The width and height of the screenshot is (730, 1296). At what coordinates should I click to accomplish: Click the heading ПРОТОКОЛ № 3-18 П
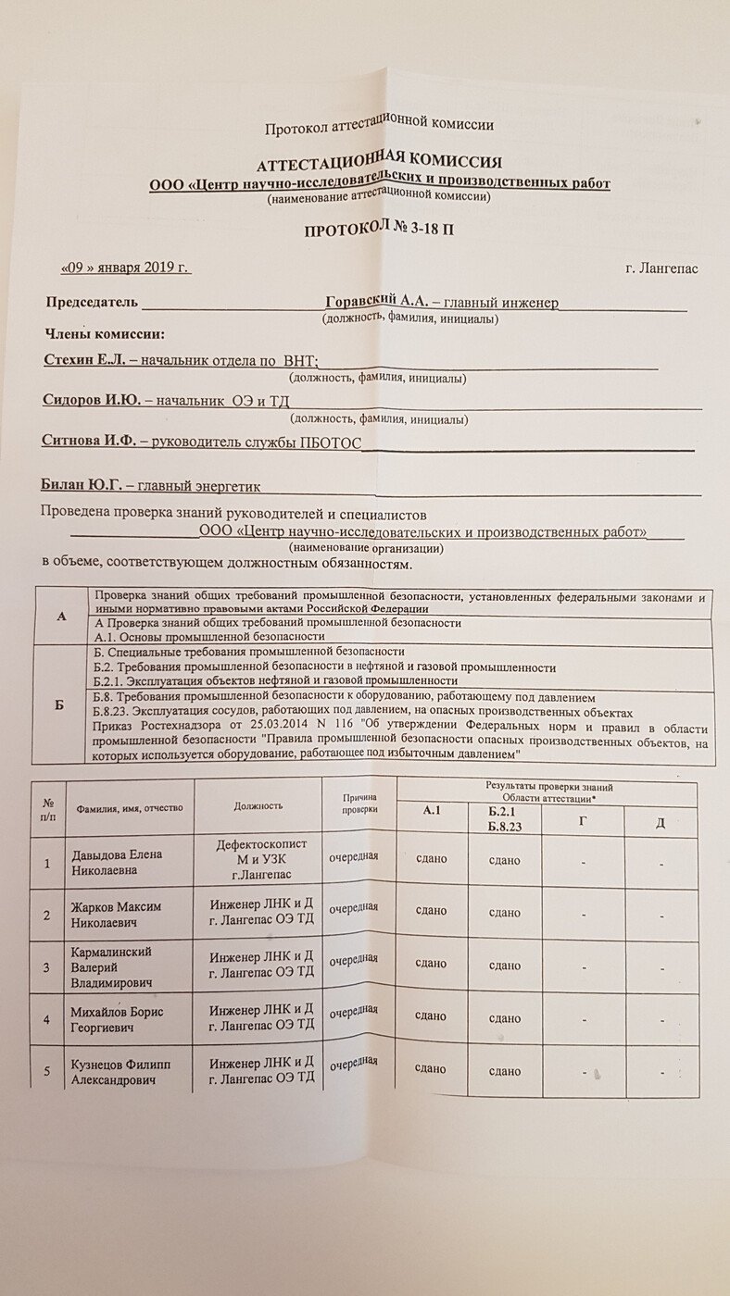point(379,229)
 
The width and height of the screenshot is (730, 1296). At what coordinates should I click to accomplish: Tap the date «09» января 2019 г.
point(124,268)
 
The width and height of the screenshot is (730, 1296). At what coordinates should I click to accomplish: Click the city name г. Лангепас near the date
point(661,269)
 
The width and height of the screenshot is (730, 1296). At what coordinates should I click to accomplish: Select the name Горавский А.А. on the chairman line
point(377,302)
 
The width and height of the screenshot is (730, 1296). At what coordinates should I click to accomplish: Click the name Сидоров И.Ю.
point(91,401)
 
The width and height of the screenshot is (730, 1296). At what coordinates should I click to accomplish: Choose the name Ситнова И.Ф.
point(88,442)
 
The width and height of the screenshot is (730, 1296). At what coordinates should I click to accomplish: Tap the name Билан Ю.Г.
point(82,484)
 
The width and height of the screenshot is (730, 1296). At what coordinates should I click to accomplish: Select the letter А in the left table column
point(61,615)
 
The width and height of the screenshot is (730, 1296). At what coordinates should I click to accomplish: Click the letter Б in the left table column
point(59,705)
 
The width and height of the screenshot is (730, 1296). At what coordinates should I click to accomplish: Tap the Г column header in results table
point(582,821)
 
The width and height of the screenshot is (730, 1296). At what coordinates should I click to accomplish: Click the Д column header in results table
point(660,823)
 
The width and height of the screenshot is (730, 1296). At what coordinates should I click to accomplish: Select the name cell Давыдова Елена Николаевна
point(118,861)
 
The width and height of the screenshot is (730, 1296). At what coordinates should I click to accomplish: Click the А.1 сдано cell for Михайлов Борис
point(432,1016)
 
